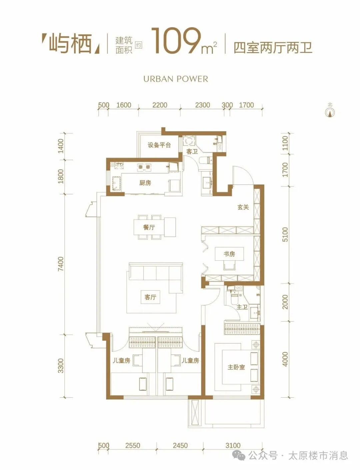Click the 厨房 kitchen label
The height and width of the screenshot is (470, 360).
(145, 183)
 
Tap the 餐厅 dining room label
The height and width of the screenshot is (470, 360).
(149, 227)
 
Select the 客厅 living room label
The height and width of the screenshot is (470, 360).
(150, 297)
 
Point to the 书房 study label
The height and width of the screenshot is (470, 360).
(229, 254)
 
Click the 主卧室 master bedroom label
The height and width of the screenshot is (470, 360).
(236, 367)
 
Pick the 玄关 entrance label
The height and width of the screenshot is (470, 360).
(243, 207)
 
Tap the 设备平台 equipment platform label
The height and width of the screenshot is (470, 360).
(159, 145)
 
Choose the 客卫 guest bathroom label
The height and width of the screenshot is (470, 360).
(192, 152)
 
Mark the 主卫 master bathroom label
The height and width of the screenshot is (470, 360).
(242, 307)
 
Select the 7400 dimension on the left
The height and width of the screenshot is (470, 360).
(61, 264)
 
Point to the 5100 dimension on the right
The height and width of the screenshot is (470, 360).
(285, 234)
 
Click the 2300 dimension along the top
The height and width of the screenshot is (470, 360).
(203, 105)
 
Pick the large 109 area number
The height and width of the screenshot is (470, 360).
(176, 41)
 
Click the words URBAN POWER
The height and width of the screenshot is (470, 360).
(176, 79)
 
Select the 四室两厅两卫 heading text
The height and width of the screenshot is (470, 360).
(273, 48)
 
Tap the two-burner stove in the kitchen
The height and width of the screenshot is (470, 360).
(144, 167)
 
